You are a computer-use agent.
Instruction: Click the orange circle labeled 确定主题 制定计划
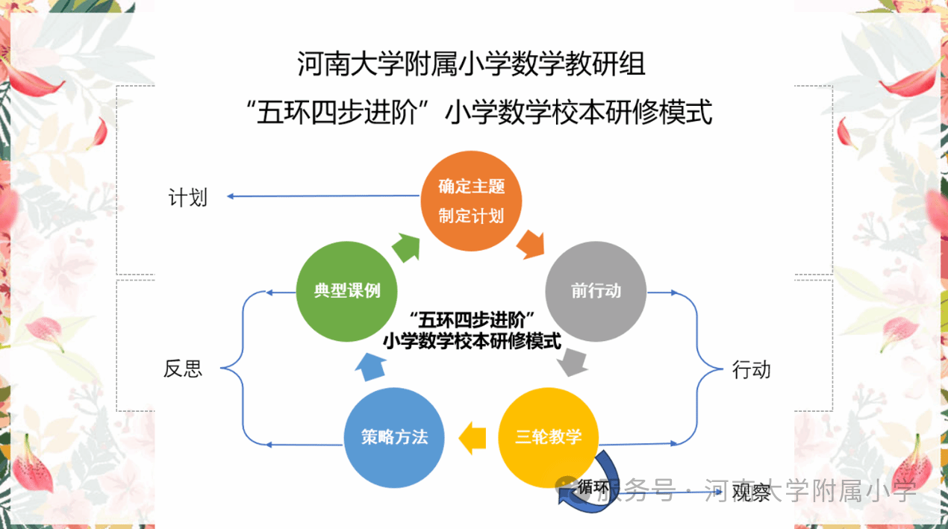(x=471, y=201)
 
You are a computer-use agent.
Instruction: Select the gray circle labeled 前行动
(x=596, y=291)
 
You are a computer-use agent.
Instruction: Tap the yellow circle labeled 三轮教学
(x=549, y=438)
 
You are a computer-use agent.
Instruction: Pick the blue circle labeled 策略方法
(x=394, y=438)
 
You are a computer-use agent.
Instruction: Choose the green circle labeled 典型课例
(x=346, y=291)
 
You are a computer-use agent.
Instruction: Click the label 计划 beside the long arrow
(x=188, y=198)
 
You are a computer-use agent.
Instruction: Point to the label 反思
(x=183, y=369)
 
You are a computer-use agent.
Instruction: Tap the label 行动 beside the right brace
(x=751, y=370)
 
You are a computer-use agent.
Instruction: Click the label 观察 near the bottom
(x=751, y=492)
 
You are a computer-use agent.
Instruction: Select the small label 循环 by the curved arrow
(x=593, y=487)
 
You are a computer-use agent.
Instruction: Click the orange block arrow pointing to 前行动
(x=531, y=245)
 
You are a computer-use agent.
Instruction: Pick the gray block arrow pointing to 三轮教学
(x=573, y=363)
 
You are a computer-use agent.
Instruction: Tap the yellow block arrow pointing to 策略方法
(x=473, y=438)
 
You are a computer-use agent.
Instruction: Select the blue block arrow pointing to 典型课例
(x=371, y=367)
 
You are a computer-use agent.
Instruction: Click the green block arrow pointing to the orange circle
(x=406, y=248)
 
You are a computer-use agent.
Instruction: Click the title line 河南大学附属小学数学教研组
(x=471, y=64)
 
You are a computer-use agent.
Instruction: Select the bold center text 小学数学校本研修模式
(x=473, y=341)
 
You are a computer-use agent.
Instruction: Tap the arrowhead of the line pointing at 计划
(x=230, y=196)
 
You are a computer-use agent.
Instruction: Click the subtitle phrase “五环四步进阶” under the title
(x=337, y=113)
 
